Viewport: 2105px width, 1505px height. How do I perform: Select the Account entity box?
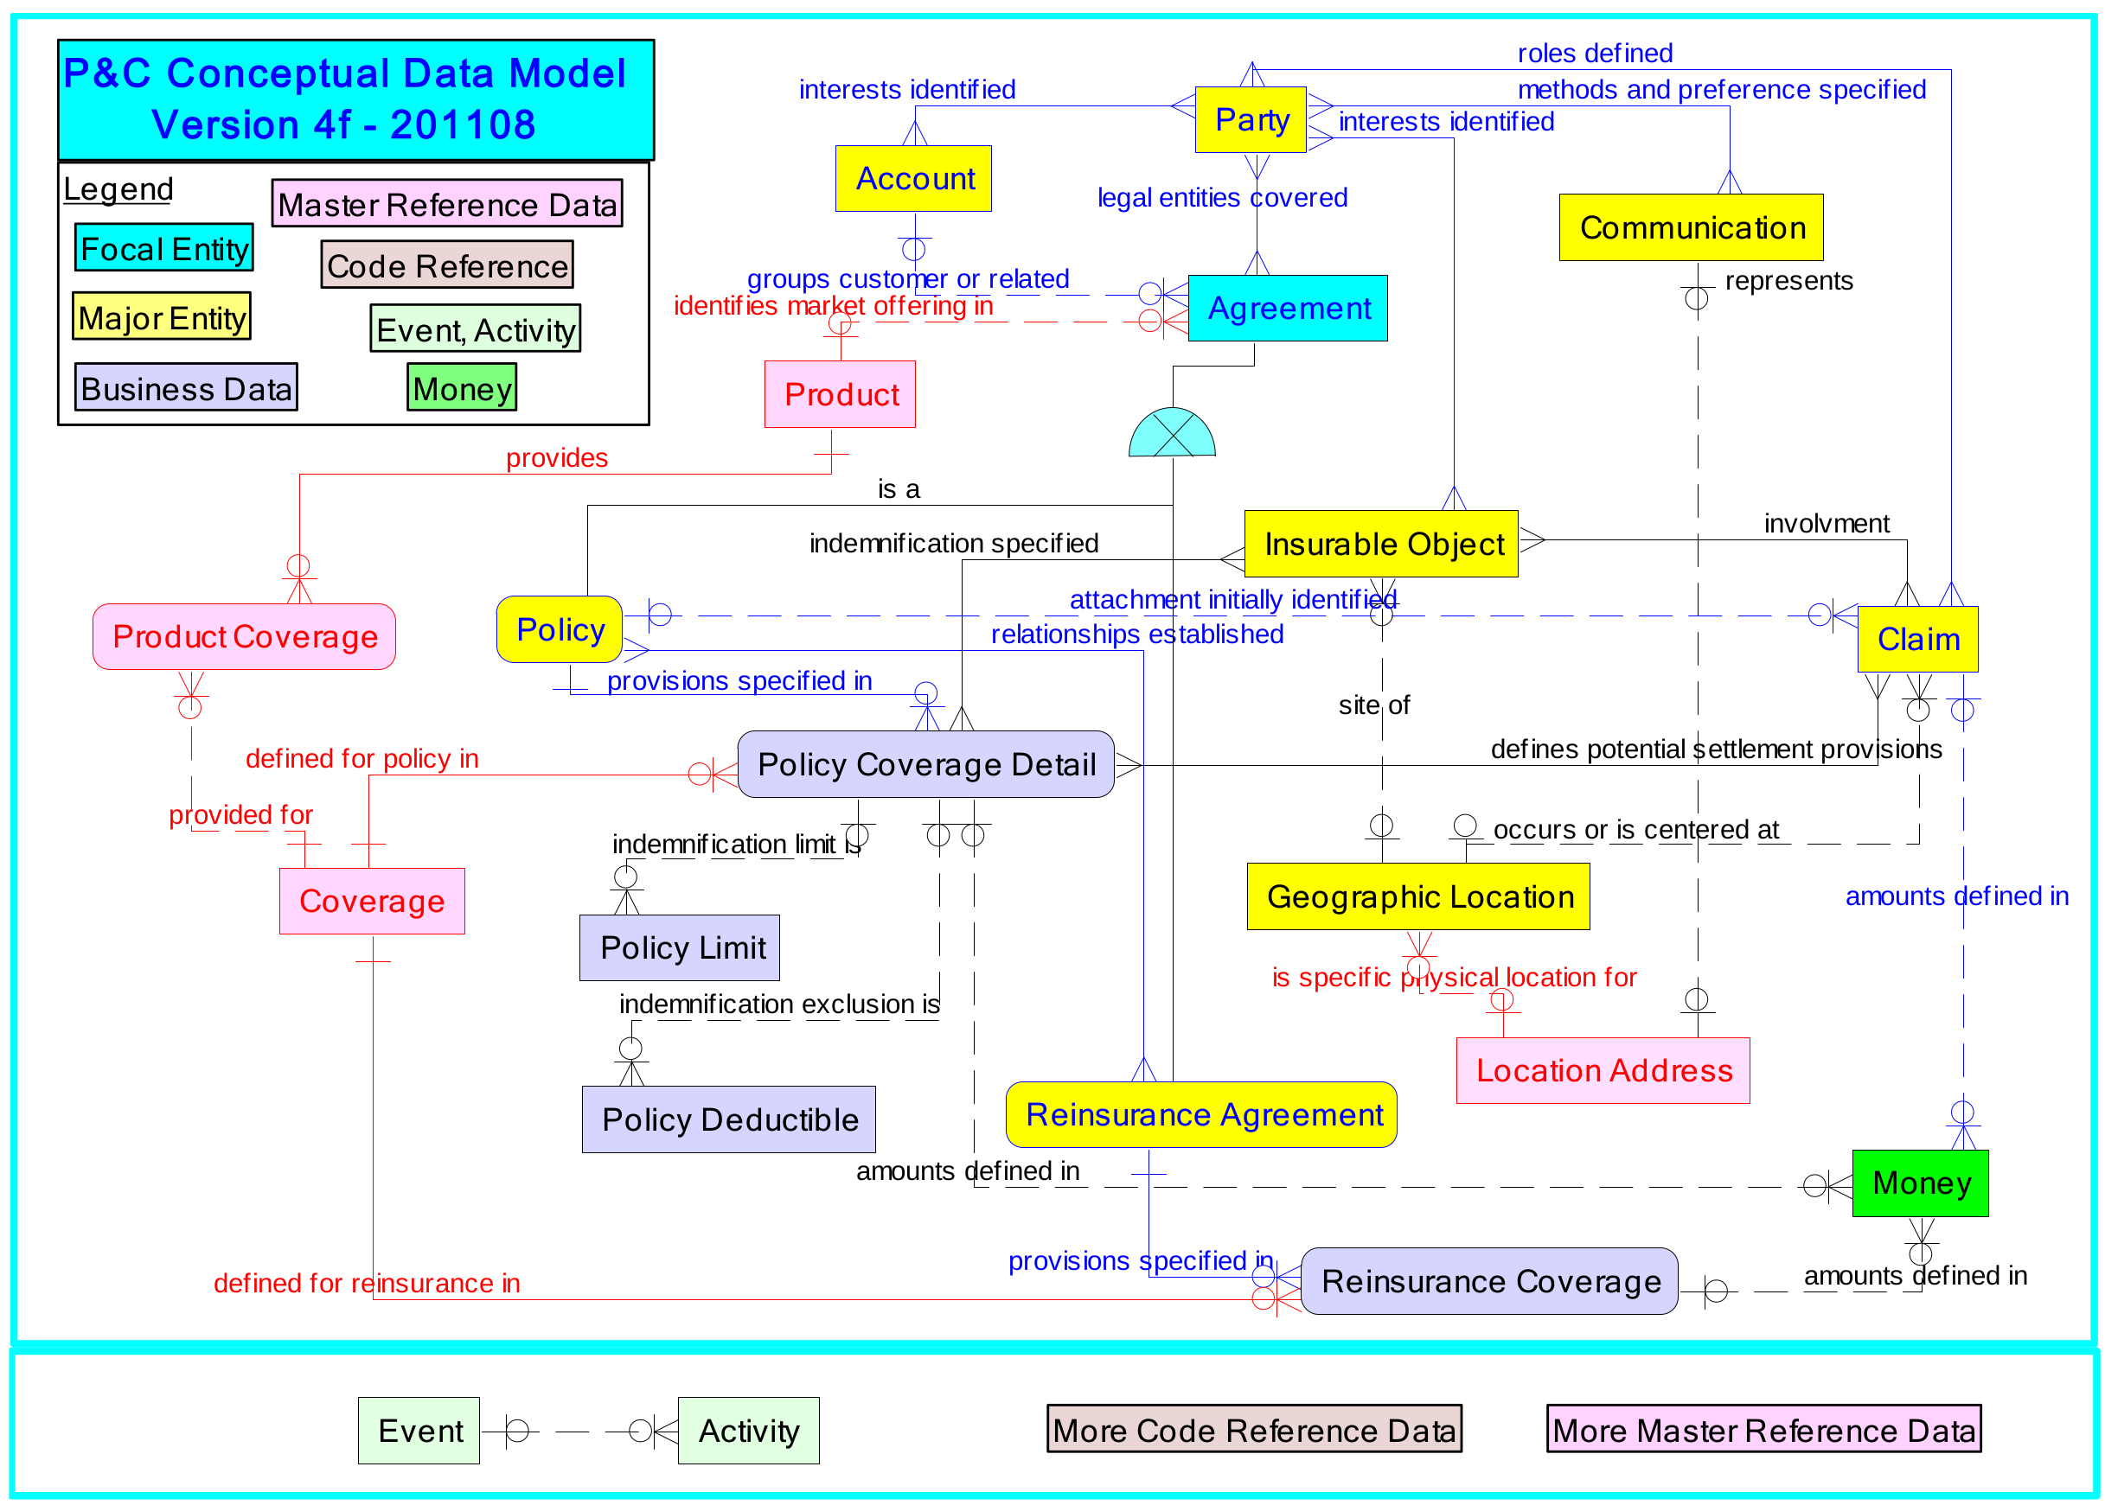point(913,178)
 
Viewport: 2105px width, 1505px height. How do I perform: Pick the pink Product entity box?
point(840,394)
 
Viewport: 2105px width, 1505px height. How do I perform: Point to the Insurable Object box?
point(1380,544)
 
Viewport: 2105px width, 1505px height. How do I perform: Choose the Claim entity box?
point(1916,639)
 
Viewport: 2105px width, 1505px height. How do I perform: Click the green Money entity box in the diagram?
point(1920,1183)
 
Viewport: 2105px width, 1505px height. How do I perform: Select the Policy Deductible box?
point(728,1119)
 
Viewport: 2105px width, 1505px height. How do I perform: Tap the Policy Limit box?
point(680,947)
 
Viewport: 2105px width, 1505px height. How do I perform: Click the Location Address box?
point(1603,1070)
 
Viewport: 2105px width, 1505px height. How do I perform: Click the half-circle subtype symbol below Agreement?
point(1172,434)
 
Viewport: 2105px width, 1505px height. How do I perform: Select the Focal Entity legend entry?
point(164,247)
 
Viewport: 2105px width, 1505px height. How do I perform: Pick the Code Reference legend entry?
point(447,265)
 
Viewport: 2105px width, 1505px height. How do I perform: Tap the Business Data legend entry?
point(185,387)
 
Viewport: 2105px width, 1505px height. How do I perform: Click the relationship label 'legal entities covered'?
point(1221,197)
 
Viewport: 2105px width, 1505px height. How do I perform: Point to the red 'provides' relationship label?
point(556,458)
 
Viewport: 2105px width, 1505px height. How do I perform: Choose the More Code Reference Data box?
point(1253,1430)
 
